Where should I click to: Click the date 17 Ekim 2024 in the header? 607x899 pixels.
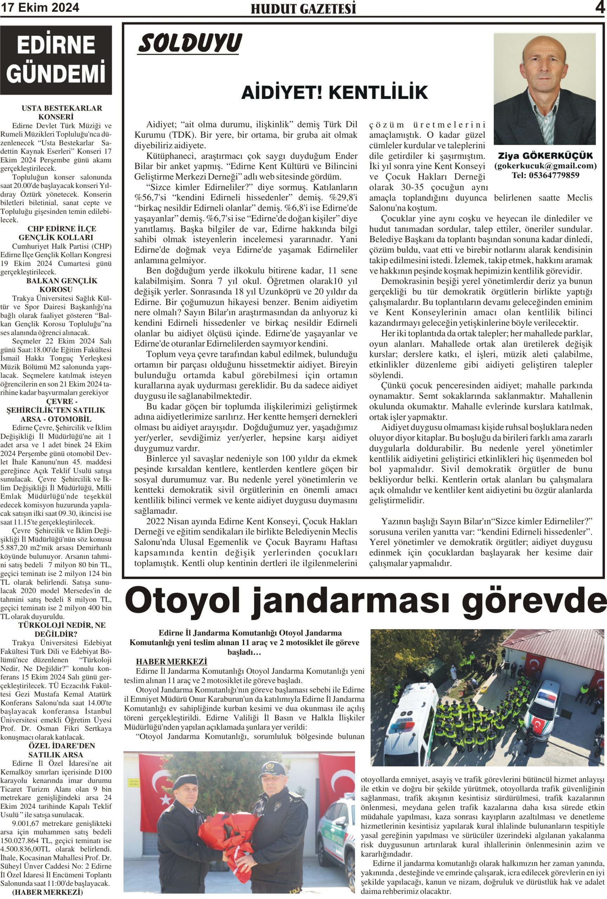coord(40,7)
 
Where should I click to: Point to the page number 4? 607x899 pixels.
coord(600,7)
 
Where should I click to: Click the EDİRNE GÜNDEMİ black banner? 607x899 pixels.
coord(56,60)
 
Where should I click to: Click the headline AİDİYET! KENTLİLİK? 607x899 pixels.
coord(335,93)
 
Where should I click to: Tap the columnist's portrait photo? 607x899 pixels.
coord(545,89)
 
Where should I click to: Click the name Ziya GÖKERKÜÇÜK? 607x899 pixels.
coord(545,156)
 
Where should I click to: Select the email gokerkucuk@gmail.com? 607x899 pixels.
coord(545,166)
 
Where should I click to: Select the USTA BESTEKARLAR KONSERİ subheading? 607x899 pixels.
coord(56,112)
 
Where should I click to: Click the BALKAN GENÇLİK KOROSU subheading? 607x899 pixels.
coord(56,285)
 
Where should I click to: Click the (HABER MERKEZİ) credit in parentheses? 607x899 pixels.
coord(47,892)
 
